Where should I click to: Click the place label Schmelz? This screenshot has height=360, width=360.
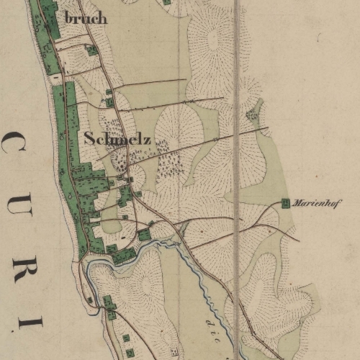[117, 138]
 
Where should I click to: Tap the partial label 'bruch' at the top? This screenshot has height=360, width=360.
[86, 18]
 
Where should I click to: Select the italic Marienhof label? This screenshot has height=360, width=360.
[318, 204]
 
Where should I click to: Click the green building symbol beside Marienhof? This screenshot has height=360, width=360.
[286, 204]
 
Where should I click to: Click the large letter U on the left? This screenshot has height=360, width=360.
[16, 199]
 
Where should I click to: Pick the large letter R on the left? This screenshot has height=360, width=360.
[15, 258]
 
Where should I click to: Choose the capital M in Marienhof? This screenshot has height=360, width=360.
[298, 204]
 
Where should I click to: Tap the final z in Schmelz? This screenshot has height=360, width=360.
[147, 139]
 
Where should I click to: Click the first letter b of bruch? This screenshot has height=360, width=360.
[68, 17]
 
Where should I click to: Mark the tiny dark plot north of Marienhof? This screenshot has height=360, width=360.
[253, 113]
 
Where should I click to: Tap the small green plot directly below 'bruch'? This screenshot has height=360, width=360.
[91, 50]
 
